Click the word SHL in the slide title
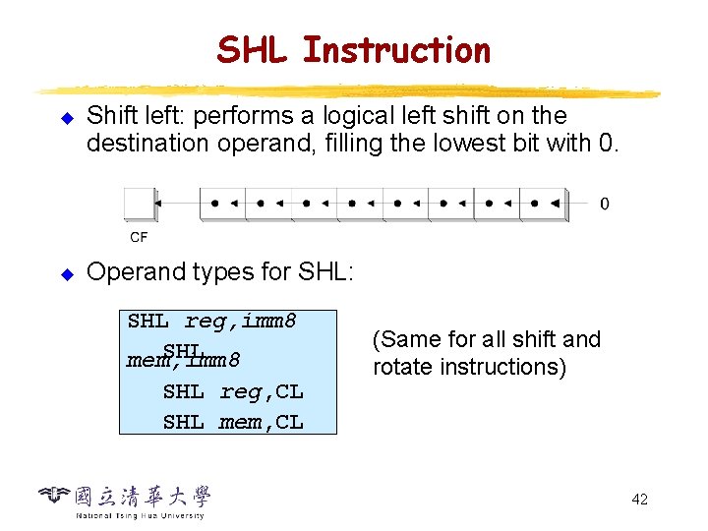coord(254,49)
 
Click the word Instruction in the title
coord(396,49)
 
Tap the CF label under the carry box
coord(139,237)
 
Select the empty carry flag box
coord(139,204)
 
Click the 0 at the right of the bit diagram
coord(604,204)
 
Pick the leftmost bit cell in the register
coord(222,204)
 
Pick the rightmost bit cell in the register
coord(544,204)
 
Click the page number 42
coord(639,500)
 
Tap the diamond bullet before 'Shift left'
coord(67,117)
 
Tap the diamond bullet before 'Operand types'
coord(67,272)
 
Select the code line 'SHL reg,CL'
coord(233,391)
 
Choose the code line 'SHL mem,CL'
coord(233,423)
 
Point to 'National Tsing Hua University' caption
coord(140,515)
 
